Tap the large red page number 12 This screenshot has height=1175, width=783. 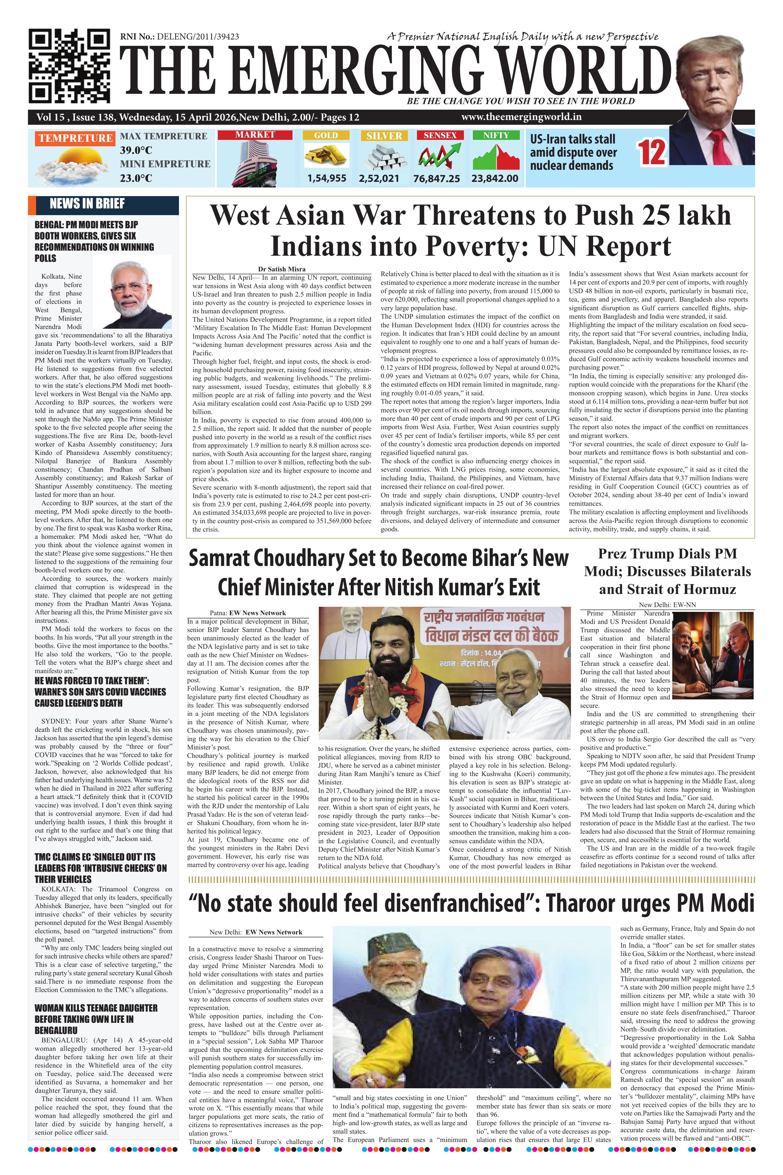651,152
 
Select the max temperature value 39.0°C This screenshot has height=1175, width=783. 136,150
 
